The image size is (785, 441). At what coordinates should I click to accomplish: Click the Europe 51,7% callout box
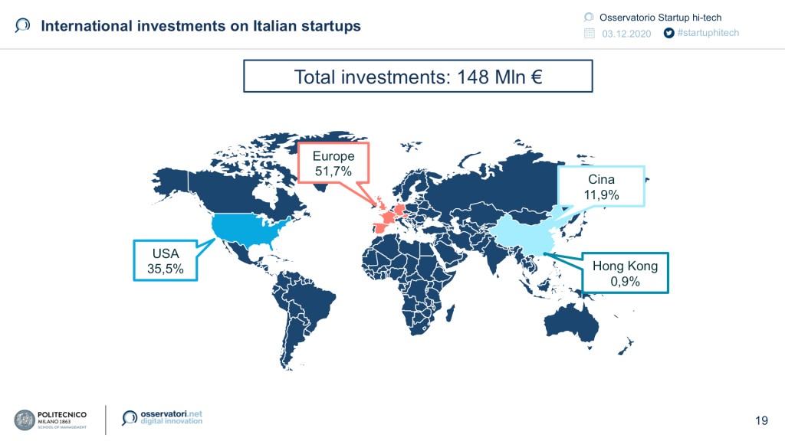click(333, 163)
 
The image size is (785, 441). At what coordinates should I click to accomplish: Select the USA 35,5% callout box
click(166, 260)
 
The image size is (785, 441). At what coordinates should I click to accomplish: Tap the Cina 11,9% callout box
click(601, 187)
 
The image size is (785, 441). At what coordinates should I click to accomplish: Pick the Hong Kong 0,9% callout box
click(626, 273)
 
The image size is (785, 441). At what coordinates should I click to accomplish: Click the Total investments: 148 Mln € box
click(418, 76)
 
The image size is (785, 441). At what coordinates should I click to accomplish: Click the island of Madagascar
click(450, 313)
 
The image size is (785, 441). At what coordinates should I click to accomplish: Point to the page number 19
click(761, 420)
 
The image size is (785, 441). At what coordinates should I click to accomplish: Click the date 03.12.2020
click(626, 34)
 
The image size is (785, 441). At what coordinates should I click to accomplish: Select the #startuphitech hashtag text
click(708, 32)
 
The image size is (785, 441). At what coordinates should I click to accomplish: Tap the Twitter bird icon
click(668, 33)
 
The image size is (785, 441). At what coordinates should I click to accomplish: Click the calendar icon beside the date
click(590, 33)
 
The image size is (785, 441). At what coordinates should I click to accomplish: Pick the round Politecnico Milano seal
click(25, 420)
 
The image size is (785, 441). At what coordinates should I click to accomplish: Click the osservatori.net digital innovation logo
click(163, 417)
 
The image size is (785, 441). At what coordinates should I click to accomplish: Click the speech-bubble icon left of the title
click(22, 25)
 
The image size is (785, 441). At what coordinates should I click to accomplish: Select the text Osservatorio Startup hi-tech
click(660, 18)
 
